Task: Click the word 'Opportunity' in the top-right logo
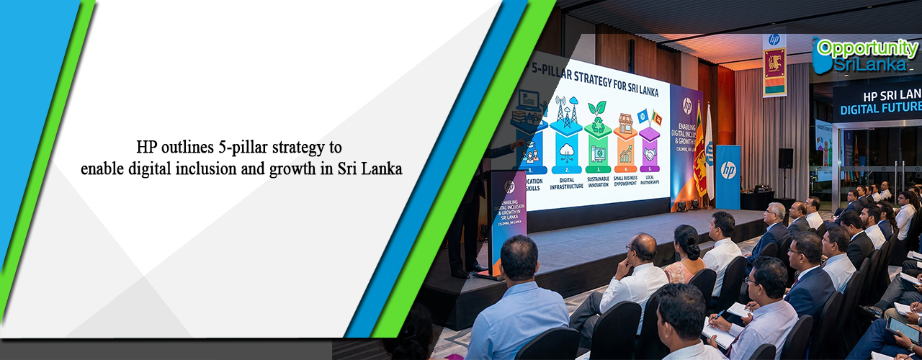[x=867, y=49]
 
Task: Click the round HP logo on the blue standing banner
[x=728, y=170]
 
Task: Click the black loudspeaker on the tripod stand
[x=786, y=158]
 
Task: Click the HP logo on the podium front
[x=509, y=187]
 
